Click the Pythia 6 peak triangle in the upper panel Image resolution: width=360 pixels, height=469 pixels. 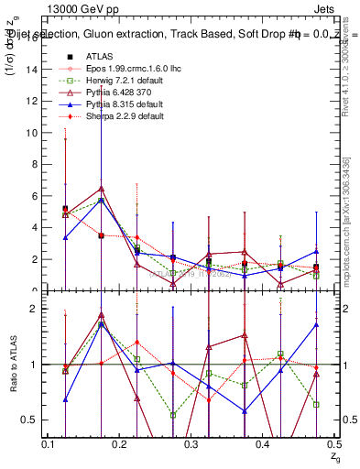tap(101, 189)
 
